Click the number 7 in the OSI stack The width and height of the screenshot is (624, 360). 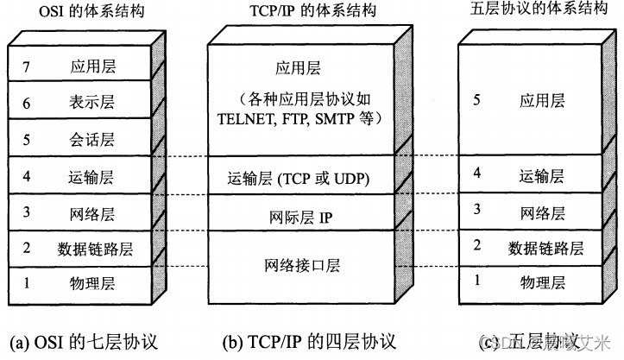tap(27, 64)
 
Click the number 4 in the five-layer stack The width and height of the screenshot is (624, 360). tap(476, 174)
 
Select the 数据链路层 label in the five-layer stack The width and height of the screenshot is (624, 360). tap(545, 249)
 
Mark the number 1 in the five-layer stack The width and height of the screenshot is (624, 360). tap(476, 281)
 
